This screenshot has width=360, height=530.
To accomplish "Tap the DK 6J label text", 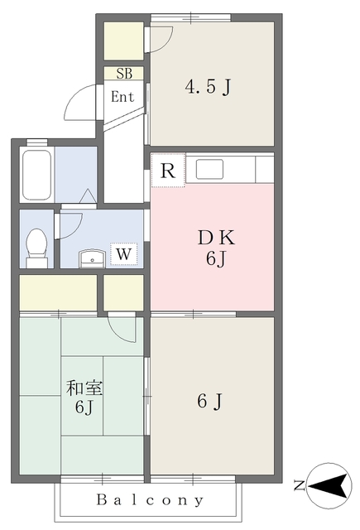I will [216, 248].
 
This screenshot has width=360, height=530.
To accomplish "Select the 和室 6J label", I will [84, 397].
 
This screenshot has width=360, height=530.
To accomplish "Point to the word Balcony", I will [150, 500].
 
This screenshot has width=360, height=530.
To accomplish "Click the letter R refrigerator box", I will [167, 172].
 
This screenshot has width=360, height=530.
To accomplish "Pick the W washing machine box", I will [123, 253].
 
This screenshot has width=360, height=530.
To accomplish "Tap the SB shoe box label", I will [123, 74].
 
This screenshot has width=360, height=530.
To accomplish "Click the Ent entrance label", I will [122, 96].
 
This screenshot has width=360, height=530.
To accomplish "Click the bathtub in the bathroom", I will [36, 175].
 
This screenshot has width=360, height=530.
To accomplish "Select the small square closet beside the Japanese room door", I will [123, 292].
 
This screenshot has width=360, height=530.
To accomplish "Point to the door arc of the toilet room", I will [70, 226].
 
